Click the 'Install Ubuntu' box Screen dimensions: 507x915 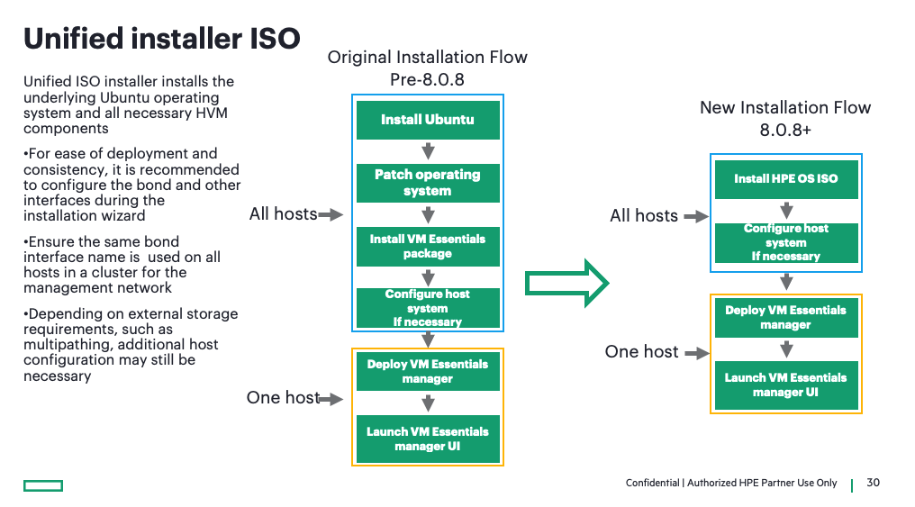pyautogui.click(x=428, y=120)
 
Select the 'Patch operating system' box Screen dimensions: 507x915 pyautogui.click(x=428, y=183)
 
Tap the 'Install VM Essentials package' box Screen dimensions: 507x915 pyautogui.click(x=428, y=246)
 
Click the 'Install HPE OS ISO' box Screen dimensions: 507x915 pyautogui.click(x=785, y=178)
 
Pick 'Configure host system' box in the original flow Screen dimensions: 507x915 pyautogui.click(x=428, y=308)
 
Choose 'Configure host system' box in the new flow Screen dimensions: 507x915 pyautogui.click(x=785, y=242)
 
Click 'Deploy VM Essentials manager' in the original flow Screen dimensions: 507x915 pyautogui.click(x=428, y=371)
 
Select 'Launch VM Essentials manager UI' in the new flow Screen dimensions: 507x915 pyautogui.click(x=785, y=385)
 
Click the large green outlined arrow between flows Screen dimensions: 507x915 pyautogui.click(x=567, y=283)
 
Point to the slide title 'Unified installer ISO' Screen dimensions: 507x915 pyautogui.click(x=161, y=38)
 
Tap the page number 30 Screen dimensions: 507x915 pyautogui.click(x=873, y=484)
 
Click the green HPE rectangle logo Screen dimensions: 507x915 pyautogui.click(x=43, y=486)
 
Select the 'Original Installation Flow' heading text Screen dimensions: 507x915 pyautogui.click(x=427, y=58)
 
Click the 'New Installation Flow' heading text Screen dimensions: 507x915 pyautogui.click(x=785, y=108)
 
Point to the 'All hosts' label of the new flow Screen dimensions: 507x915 pyautogui.click(x=643, y=216)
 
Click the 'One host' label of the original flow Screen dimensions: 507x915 pyautogui.click(x=282, y=398)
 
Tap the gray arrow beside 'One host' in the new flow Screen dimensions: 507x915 pyautogui.click(x=697, y=354)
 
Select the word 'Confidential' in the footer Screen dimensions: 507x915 pyautogui.click(x=652, y=484)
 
